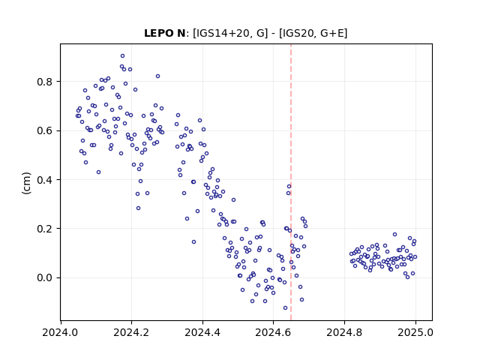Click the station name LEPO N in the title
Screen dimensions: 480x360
click(x=164, y=33)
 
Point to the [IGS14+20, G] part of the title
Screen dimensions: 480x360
click(x=230, y=33)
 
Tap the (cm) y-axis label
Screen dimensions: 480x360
click(x=27, y=183)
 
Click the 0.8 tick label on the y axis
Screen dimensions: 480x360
click(x=45, y=82)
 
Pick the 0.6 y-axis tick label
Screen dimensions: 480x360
click(x=45, y=130)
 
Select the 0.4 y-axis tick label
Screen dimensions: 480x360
click(x=45, y=180)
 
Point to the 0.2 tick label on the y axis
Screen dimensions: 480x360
click(x=45, y=229)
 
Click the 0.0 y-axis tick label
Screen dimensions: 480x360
click(x=45, y=277)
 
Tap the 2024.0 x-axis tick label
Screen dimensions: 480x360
click(x=60, y=332)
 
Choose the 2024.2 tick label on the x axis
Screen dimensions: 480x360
click(x=131, y=332)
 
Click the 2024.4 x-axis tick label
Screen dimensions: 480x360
click(x=202, y=332)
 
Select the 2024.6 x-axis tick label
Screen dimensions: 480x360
click(x=273, y=332)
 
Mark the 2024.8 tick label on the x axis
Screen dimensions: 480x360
click(x=344, y=332)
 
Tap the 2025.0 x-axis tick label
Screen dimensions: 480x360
click(x=415, y=332)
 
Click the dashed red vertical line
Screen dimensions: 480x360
click(x=291, y=182)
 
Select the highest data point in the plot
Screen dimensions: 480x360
click(x=122, y=56)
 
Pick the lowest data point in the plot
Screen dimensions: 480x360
click(x=285, y=308)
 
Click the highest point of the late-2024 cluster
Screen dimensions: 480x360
click(x=395, y=235)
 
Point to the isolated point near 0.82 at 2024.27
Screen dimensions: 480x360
click(x=157, y=76)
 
